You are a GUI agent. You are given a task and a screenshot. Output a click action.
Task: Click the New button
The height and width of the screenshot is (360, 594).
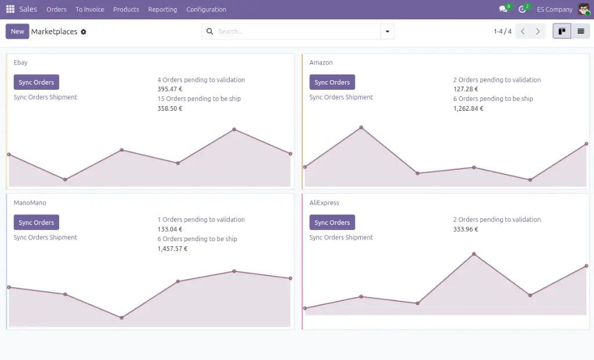pos(17,31)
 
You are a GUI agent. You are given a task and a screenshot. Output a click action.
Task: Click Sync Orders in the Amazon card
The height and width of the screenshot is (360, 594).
pos(332,82)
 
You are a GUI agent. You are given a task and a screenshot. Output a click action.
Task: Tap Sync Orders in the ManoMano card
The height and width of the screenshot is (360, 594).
pos(36,223)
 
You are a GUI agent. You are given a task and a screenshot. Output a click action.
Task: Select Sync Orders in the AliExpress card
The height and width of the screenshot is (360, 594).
pos(332,223)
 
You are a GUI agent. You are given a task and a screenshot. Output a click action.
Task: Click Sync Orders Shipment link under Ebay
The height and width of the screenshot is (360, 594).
pos(45,97)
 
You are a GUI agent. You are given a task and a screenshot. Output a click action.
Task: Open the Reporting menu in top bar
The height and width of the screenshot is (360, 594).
pos(162,9)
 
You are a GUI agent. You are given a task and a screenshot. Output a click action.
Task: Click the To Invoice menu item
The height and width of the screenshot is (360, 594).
pos(90,9)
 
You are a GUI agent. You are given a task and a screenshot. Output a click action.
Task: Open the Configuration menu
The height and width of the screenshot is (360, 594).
pos(206,9)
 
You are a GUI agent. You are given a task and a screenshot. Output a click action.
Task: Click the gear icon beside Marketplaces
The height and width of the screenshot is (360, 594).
pos(84,32)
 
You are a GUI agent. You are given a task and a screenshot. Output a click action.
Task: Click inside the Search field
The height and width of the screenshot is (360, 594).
pos(296,31)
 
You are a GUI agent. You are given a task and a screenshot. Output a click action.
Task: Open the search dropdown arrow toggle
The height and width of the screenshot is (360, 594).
pos(387,31)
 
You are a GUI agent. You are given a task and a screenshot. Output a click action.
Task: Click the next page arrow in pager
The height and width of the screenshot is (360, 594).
pos(538,31)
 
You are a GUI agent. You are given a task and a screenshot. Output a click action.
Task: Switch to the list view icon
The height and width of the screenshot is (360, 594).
pos(580,31)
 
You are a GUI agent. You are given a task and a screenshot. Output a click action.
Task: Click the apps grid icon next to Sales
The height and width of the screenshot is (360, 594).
pos(10,9)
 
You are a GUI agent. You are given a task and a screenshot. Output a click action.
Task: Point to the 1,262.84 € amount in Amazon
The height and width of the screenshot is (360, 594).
pos(468,108)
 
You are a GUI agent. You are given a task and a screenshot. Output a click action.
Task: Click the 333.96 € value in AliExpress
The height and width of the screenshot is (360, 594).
pos(466,230)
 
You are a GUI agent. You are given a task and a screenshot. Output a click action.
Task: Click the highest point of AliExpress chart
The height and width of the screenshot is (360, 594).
pos(474,254)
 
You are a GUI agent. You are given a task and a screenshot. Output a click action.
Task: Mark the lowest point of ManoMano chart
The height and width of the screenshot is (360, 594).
pos(121,318)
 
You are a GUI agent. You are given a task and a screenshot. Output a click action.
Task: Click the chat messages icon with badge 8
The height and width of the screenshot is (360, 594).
pos(503,9)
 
